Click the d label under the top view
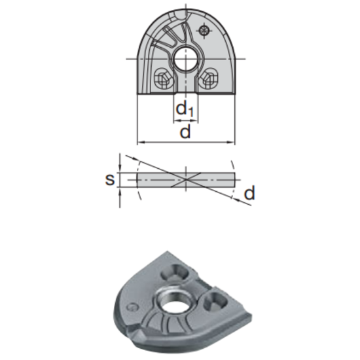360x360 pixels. click(x=185, y=132)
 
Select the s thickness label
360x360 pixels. click(x=111, y=179)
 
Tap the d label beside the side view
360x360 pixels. click(x=249, y=193)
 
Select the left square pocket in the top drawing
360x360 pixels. click(x=161, y=80)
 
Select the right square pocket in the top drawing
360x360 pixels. click(x=210, y=79)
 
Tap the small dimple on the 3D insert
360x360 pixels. click(x=134, y=306)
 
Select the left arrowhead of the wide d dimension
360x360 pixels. click(x=139, y=142)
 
